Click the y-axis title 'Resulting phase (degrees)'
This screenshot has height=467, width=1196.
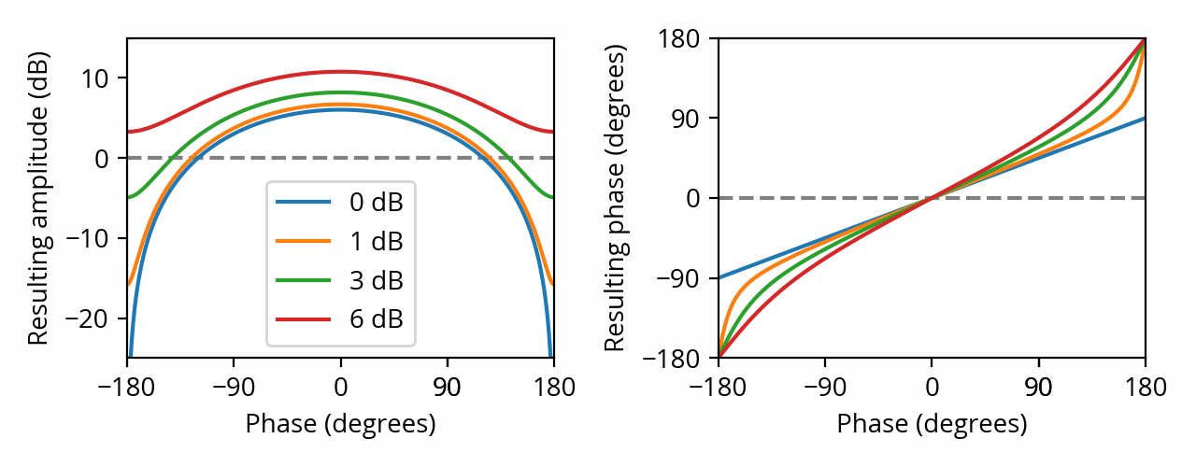tap(614, 198)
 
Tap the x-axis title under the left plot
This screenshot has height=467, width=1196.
tap(340, 424)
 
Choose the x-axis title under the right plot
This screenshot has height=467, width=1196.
tap(932, 424)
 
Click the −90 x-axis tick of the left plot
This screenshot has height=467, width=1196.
tap(233, 387)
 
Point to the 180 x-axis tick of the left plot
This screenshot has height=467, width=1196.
tap(553, 387)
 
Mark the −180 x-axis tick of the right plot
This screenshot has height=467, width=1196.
tap(718, 387)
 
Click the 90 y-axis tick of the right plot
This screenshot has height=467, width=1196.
tap(690, 118)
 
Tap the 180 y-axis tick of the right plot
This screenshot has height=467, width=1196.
tap(685, 38)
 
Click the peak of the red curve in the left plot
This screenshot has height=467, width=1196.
tap(340, 72)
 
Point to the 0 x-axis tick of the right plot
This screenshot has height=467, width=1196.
tap(932, 387)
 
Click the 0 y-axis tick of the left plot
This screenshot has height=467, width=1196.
tap(108, 158)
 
